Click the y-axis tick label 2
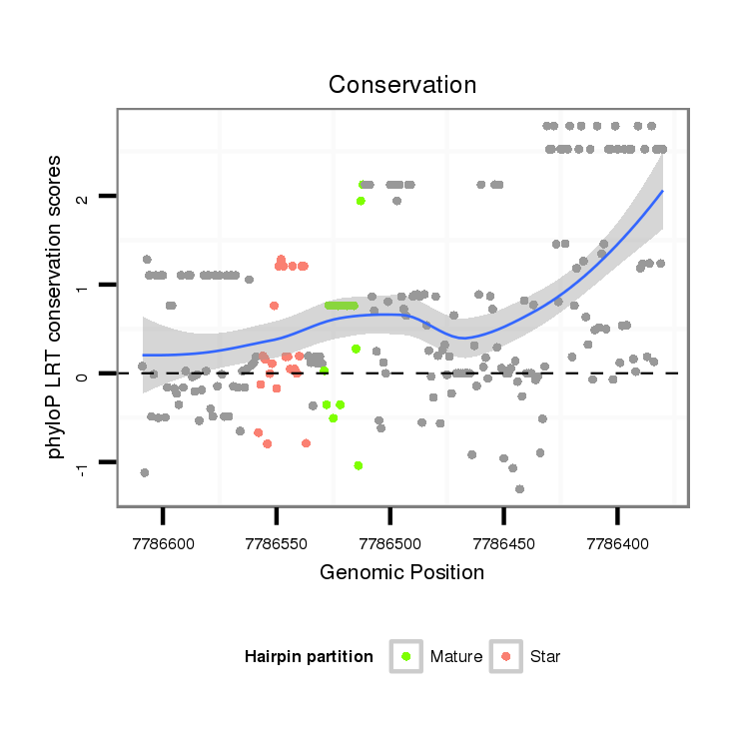coord(84,197)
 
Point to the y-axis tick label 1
coord(84,286)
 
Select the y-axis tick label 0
coord(84,374)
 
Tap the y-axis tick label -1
coord(84,465)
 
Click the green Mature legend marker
coord(405,656)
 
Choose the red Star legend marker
coord(505,656)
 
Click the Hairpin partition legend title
coord(309,657)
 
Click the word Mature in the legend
coord(456,657)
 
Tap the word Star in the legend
coord(545,657)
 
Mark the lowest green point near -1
coord(358,465)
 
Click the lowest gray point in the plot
coord(519,488)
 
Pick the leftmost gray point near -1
coord(145,472)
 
